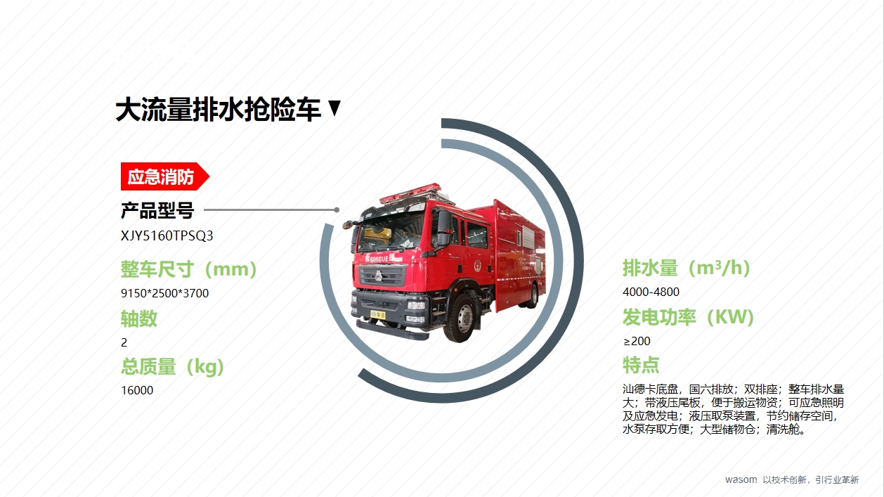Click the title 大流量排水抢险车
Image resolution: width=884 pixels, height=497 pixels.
click(x=218, y=110)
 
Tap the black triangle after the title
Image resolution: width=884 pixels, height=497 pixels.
click(x=334, y=108)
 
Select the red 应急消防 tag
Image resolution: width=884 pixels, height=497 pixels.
click(x=165, y=176)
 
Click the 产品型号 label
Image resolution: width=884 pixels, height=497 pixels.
click(x=157, y=210)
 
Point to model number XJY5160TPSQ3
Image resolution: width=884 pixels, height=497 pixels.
click(x=167, y=235)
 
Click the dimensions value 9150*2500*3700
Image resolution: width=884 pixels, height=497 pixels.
click(x=164, y=293)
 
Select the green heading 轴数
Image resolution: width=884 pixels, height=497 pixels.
click(x=139, y=318)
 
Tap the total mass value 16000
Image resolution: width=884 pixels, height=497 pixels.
click(x=137, y=390)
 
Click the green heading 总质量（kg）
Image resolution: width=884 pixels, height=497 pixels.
click(x=172, y=367)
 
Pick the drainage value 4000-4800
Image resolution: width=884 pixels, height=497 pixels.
click(x=651, y=292)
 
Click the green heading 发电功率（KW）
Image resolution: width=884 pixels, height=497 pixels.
click(x=688, y=317)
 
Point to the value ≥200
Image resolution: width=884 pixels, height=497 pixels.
click(x=637, y=341)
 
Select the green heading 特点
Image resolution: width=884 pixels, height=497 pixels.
click(x=641, y=365)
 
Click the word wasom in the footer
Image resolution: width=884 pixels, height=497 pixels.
click(x=741, y=479)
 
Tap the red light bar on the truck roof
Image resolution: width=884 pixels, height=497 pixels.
click(x=410, y=193)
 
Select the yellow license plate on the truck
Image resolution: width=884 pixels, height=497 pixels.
click(x=377, y=315)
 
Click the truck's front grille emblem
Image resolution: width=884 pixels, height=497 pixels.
click(x=379, y=276)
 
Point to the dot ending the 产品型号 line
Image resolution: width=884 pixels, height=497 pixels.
click(x=337, y=210)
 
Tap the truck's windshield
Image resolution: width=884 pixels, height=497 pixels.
click(x=391, y=232)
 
